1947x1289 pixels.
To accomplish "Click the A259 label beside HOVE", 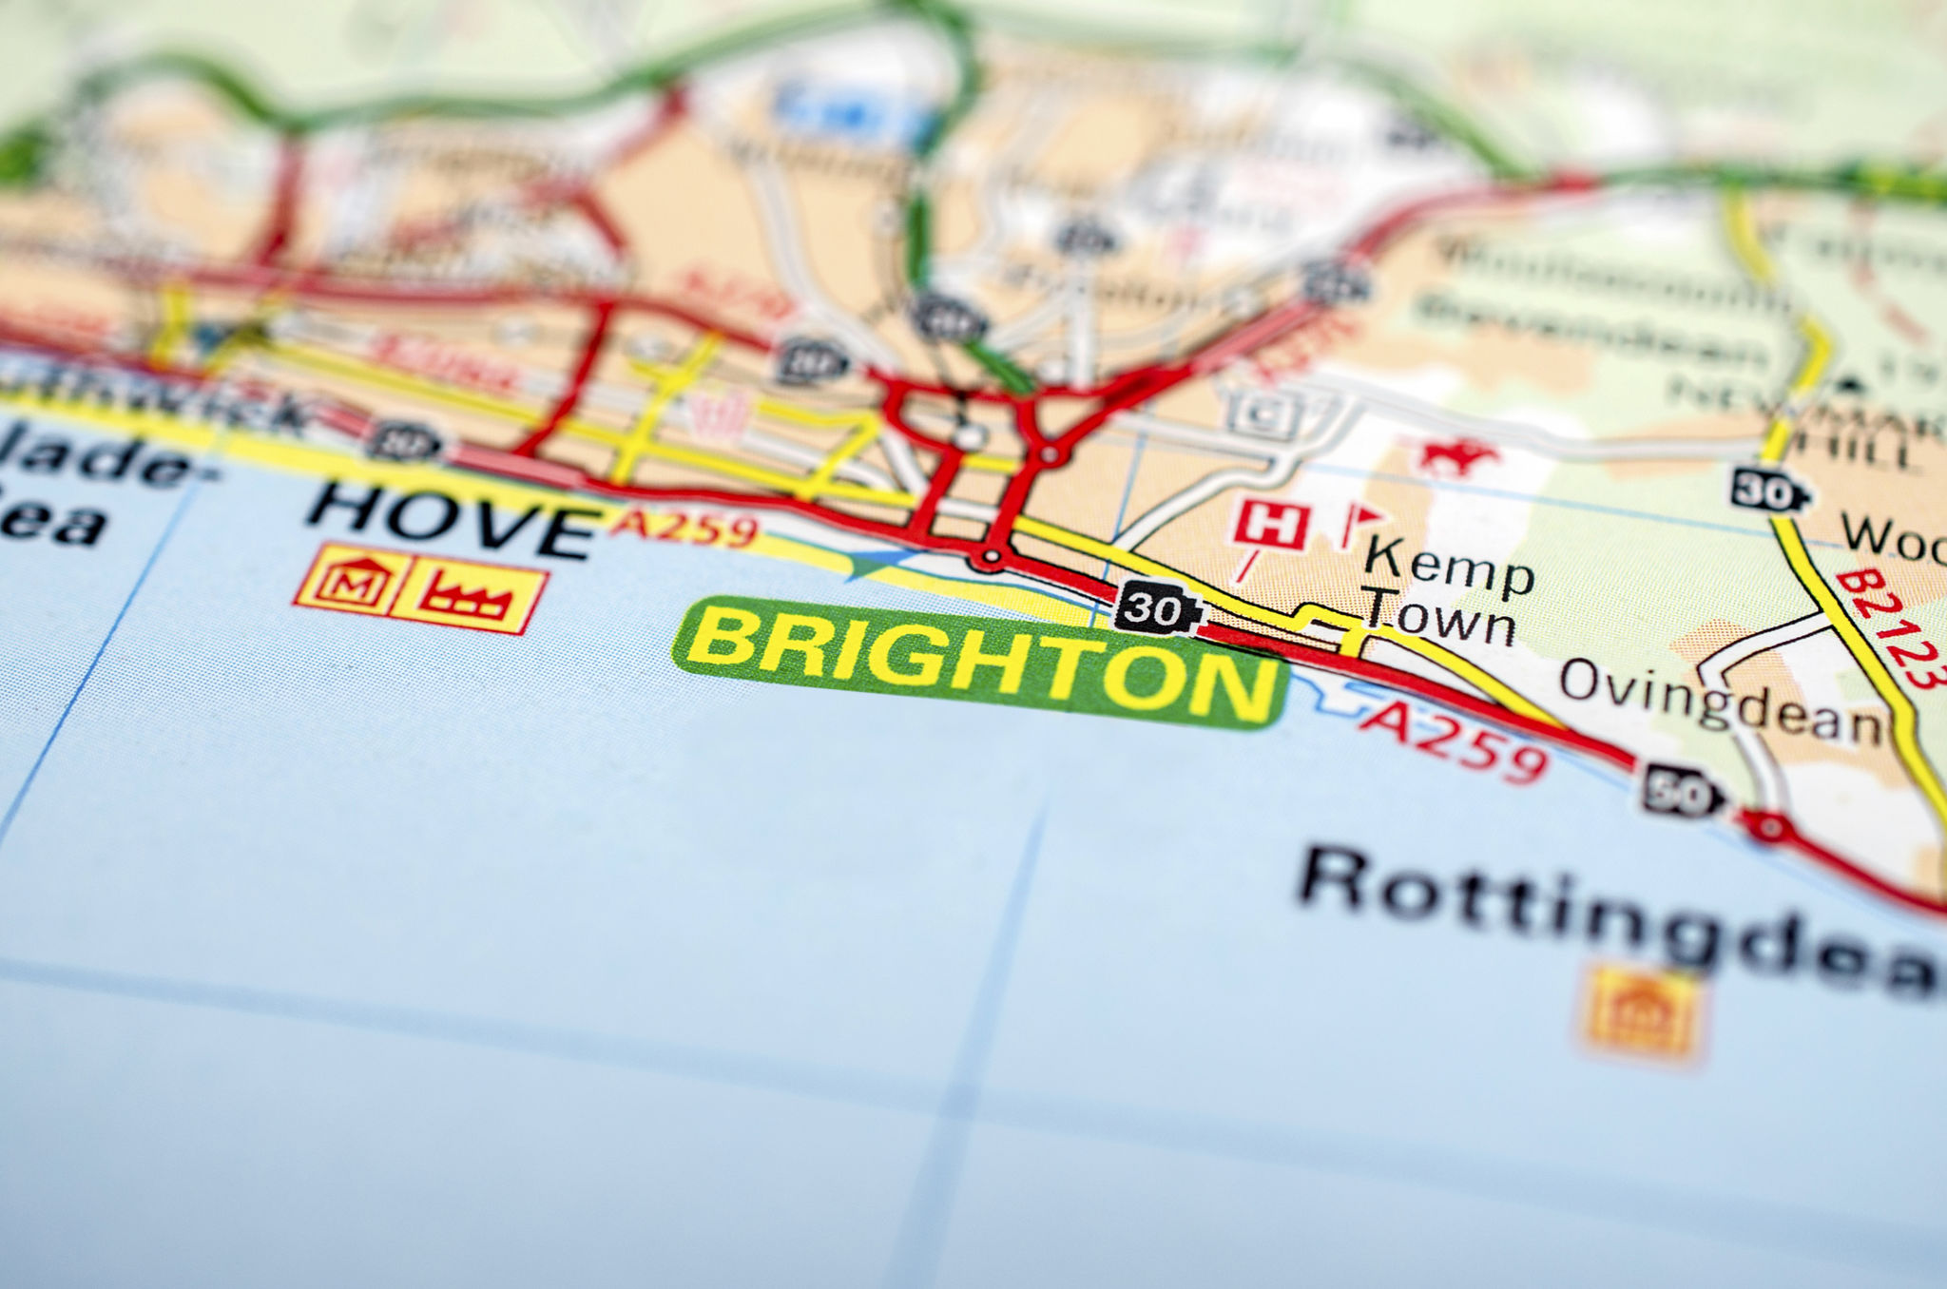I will (x=684, y=529).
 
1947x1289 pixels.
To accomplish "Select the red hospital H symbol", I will (x=1271, y=526).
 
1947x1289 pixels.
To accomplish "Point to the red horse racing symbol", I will (x=1455, y=456).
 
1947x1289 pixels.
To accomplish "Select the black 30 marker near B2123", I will (x=1767, y=491).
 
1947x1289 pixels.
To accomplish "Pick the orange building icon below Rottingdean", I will (x=1642, y=1012).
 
